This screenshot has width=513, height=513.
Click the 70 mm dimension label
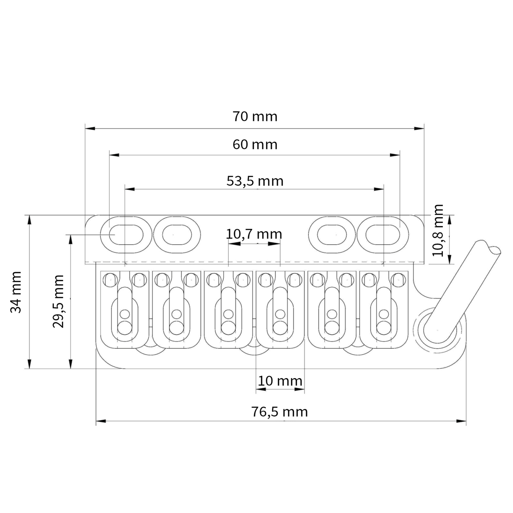pyautogui.click(x=255, y=116)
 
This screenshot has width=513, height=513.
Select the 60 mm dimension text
pyautogui.click(x=255, y=144)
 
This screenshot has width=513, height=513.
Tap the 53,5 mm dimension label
pyautogui.click(x=255, y=181)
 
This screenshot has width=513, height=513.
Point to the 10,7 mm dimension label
pyautogui.click(x=254, y=234)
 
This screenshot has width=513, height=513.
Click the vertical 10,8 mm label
pyautogui.click(x=438, y=230)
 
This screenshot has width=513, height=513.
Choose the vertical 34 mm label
pyautogui.click(x=16, y=292)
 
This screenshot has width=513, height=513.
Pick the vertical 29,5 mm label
pyautogui.click(x=58, y=301)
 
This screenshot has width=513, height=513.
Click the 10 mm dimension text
pyautogui.click(x=280, y=381)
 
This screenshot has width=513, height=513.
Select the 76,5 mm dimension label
pyautogui.click(x=279, y=412)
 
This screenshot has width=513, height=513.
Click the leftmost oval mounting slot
pyautogui.click(x=126, y=235)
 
